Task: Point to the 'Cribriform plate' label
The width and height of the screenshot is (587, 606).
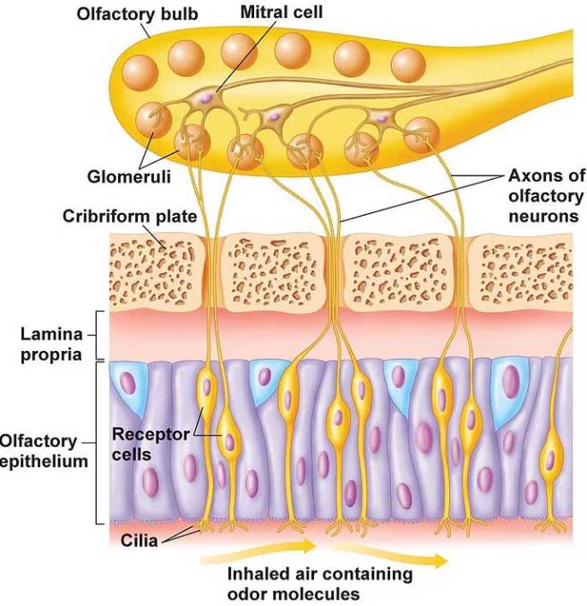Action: (130, 217)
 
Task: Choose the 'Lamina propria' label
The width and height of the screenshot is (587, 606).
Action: (52, 344)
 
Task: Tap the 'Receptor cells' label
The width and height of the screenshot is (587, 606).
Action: (150, 442)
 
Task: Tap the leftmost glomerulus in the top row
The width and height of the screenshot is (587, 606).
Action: (140, 71)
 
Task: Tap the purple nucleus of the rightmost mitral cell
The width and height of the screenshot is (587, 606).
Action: (382, 117)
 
